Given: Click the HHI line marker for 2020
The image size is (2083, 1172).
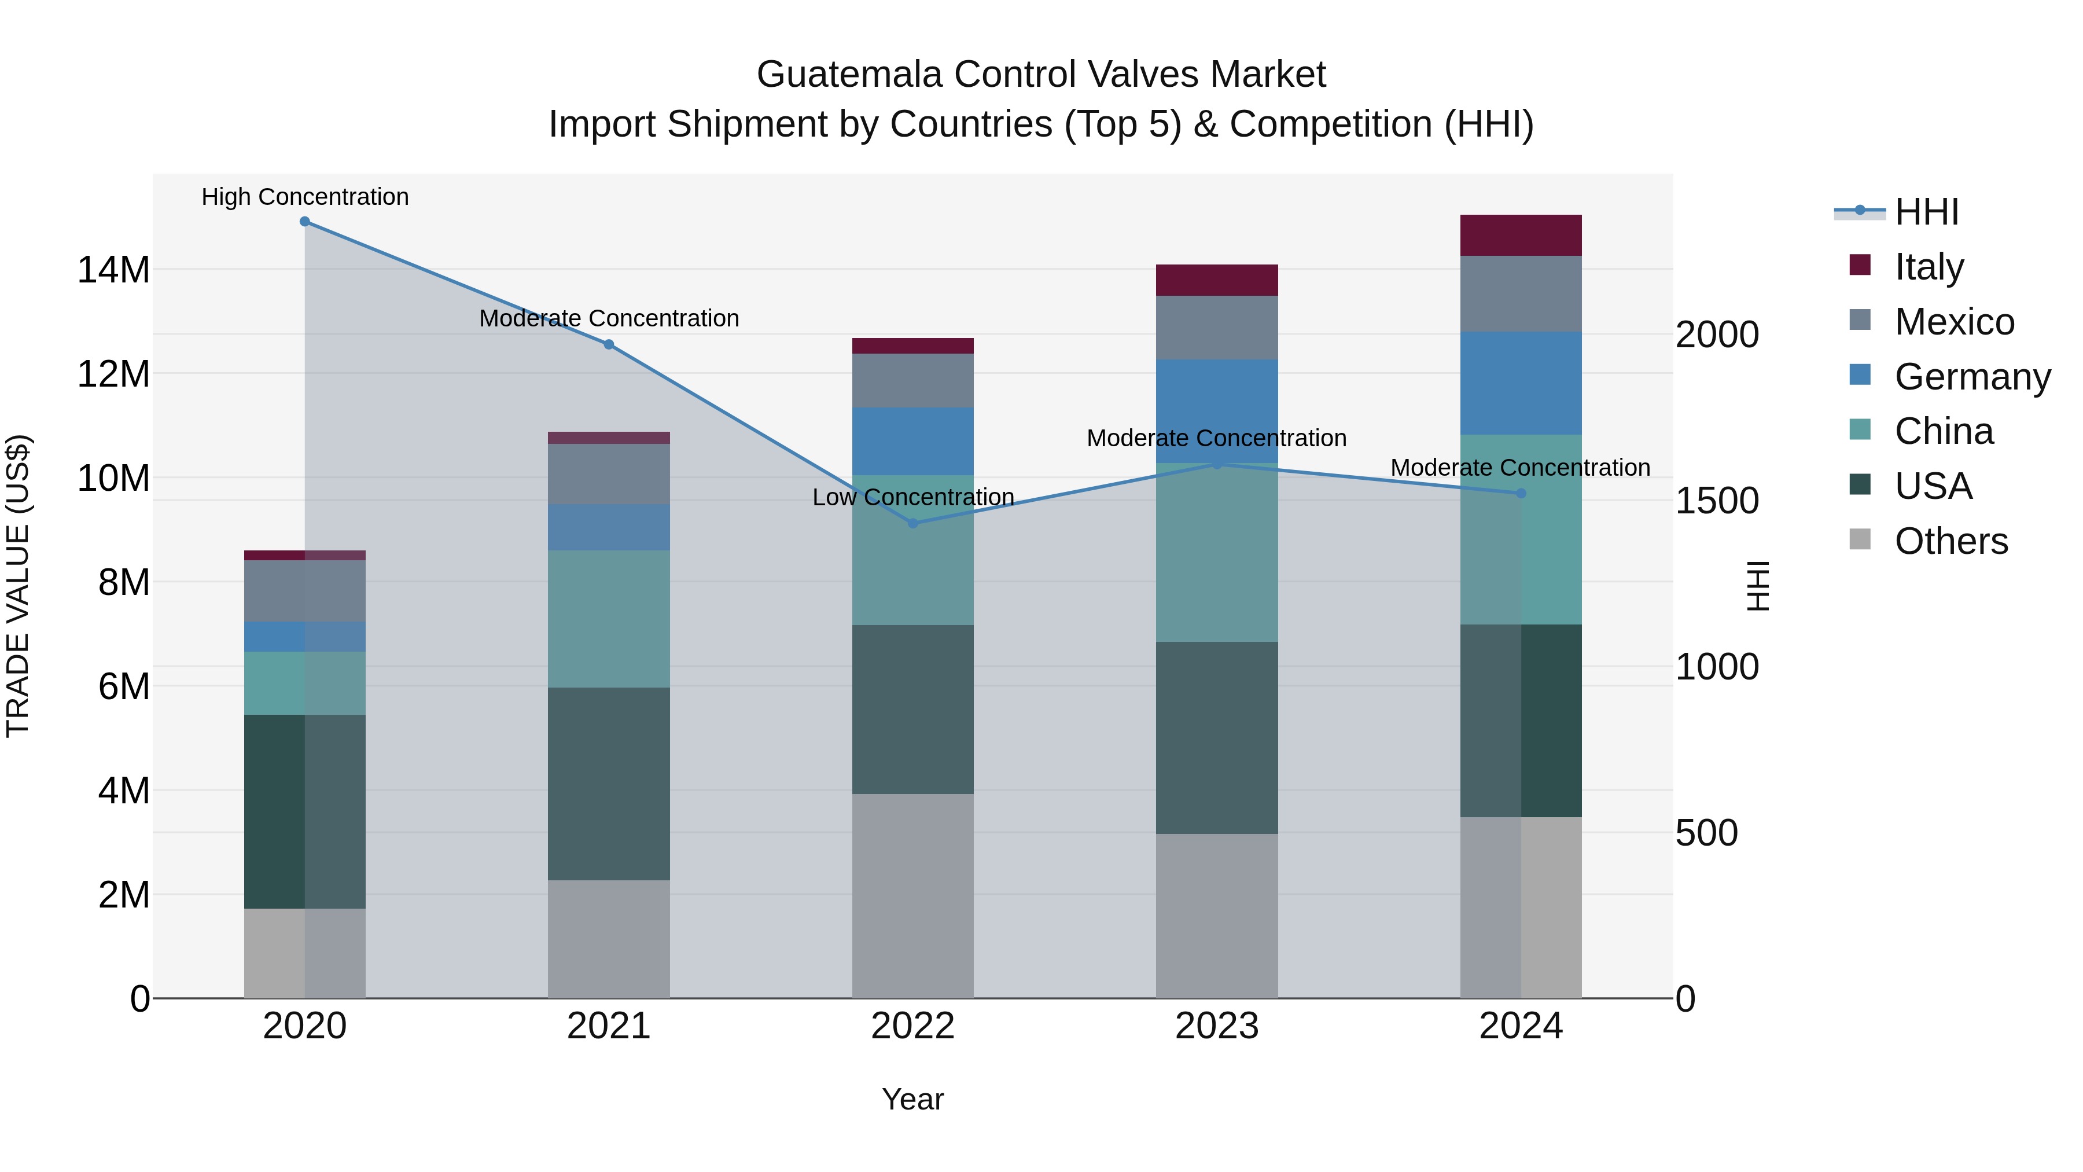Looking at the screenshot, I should click(x=305, y=222).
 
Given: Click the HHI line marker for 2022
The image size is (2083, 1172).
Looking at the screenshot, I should click(x=913, y=523).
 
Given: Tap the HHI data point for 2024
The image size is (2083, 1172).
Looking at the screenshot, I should click(x=1521, y=493).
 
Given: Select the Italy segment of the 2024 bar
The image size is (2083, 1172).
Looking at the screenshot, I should click(x=1521, y=236).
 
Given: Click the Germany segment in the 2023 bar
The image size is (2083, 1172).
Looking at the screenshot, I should click(x=1217, y=411).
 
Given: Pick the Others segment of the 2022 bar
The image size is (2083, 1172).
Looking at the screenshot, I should click(x=913, y=895).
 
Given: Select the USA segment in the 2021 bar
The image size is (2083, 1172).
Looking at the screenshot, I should click(x=609, y=784).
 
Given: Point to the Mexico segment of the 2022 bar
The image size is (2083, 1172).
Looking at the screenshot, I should click(x=913, y=380).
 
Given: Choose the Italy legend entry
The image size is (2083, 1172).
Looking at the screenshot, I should click(x=1929, y=267).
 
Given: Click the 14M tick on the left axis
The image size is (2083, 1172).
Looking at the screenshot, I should click(x=113, y=269).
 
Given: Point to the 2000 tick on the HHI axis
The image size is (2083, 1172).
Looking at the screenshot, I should click(x=1717, y=335).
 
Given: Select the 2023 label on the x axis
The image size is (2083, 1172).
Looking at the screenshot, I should click(x=1217, y=1026).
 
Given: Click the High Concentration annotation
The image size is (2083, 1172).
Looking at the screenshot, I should click(x=305, y=197).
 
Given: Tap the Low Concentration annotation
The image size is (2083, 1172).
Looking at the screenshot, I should click(x=913, y=497).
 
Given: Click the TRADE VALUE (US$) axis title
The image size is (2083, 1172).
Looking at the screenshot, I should click(x=18, y=586).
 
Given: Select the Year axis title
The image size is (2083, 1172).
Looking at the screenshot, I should click(x=913, y=1099).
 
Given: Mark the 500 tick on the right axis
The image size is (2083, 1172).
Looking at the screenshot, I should click(x=1706, y=833).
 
